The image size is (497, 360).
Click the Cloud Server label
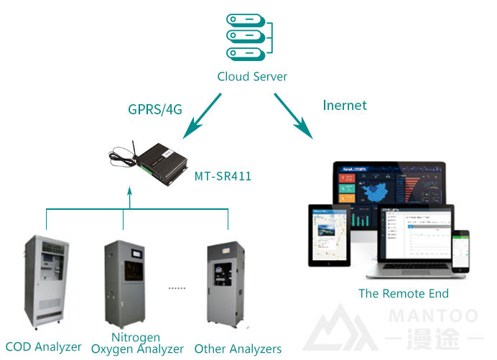pos(252,76)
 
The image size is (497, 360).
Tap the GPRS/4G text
pos(154,109)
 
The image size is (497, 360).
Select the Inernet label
pos(345,105)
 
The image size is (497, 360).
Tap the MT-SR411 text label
pos(223,175)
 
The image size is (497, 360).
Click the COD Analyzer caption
pos(43,347)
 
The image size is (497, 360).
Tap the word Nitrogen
pos(136,337)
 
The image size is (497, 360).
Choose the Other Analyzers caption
pos(238,349)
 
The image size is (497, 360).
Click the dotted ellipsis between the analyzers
pos(176,287)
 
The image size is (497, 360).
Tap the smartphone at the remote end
pos(464,256)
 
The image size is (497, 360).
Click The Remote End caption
pos(404,293)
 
